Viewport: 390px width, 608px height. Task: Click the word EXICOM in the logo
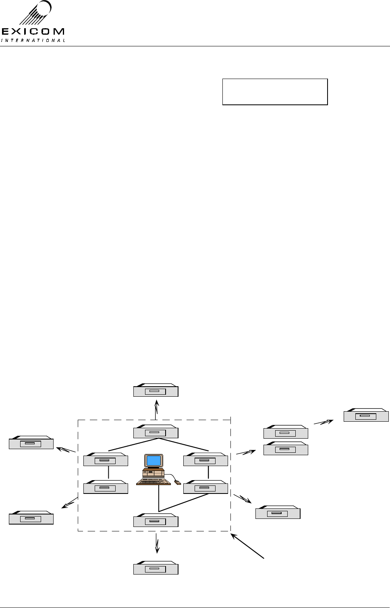pyautogui.click(x=33, y=31)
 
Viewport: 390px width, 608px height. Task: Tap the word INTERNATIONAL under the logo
pyautogui.click(x=33, y=40)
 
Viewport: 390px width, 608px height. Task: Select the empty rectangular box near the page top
pyautogui.click(x=275, y=92)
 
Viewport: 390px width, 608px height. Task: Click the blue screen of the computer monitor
pyautogui.click(x=154, y=460)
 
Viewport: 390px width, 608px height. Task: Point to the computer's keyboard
pyautogui.click(x=151, y=481)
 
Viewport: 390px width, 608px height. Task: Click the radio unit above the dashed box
pyautogui.click(x=156, y=391)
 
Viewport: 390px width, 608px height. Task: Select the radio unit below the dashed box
pyautogui.click(x=156, y=568)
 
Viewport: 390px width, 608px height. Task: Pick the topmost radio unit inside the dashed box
pyautogui.click(x=156, y=432)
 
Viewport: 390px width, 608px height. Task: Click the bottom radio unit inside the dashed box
pyautogui.click(x=156, y=521)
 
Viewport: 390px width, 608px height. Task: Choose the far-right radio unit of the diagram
pyautogui.click(x=366, y=416)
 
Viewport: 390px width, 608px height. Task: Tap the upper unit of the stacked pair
pyautogui.click(x=285, y=433)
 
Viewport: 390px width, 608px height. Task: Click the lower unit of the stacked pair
pyautogui.click(x=285, y=449)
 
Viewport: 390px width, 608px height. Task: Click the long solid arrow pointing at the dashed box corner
pyautogui.click(x=248, y=546)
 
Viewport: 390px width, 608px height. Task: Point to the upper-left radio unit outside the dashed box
pyautogui.click(x=31, y=443)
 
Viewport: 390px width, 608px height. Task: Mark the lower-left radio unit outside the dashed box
pyautogui.click(x=31, y=518)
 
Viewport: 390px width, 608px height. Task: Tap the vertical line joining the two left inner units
pyautogui.click(x=108, y=473)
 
